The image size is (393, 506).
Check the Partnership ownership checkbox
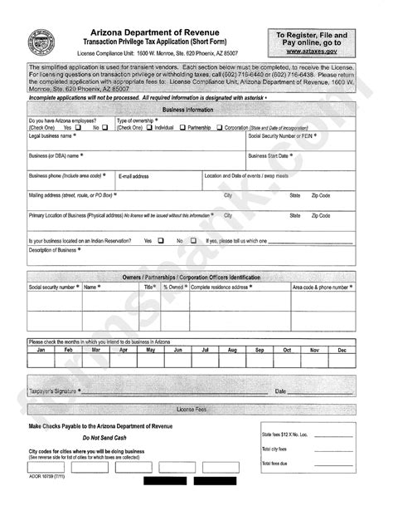point(182,128)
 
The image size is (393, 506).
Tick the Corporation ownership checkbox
point(220,128)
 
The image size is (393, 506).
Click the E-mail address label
point(133,176)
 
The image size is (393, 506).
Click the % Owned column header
point(174,287)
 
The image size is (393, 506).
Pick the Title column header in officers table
point(149,287)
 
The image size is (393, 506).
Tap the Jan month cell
point(41,350)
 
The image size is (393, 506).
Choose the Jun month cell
point(177,350)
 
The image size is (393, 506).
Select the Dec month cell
point(341,350)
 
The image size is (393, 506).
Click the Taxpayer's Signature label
point(56,390)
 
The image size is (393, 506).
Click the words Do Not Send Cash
point(104,438)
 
